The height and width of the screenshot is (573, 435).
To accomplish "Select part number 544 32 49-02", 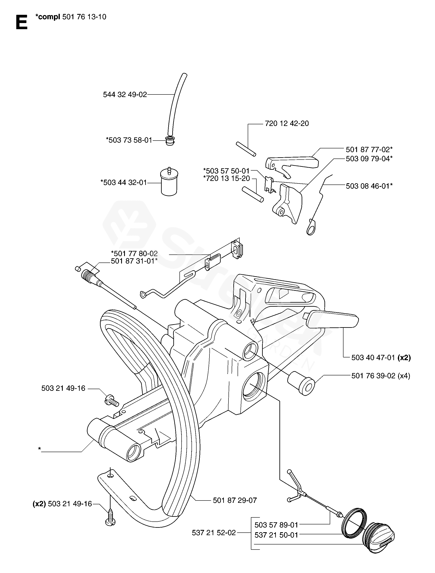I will coord(125,95).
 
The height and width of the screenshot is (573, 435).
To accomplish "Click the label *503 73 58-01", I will coord(129,140).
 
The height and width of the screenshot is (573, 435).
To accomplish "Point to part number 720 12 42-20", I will coord(287,124).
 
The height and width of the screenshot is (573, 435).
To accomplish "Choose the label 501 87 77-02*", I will coord(369,150).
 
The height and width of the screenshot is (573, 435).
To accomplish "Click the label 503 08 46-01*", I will coord(369,186).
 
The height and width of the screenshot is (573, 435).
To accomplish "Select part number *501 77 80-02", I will coord(134,253).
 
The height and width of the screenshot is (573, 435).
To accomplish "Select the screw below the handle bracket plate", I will coord(110,520).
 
